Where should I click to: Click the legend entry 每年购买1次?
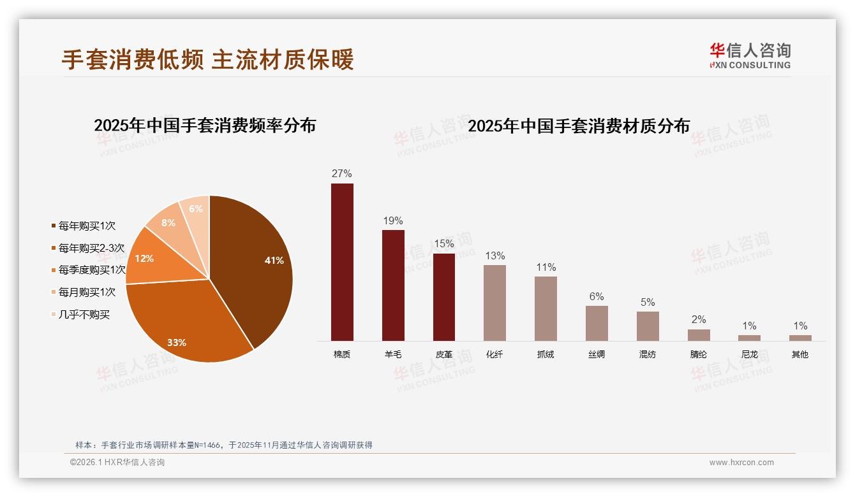point(87,226)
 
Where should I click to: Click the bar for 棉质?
point(342,262)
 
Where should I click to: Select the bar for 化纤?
point(494,303)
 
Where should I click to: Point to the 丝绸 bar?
point(597,323)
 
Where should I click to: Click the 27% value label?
point(342,174)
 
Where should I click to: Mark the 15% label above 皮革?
point(444,244)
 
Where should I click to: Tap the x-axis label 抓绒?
point(546,355)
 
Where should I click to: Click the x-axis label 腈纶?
point(698,355)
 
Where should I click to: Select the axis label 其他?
point(800,355)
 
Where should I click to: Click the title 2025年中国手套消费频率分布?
point(205,126)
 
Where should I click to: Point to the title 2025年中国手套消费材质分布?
point(579,126)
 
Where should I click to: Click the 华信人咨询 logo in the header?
point(750,55)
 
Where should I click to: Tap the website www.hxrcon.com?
point(741,463)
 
